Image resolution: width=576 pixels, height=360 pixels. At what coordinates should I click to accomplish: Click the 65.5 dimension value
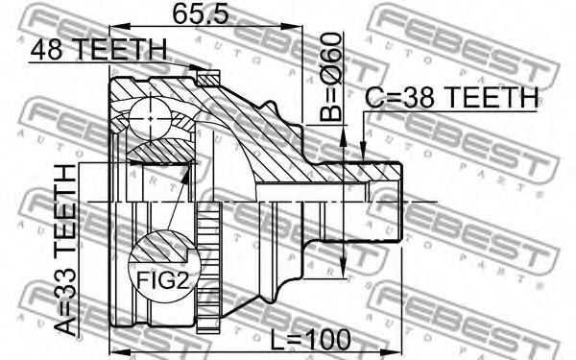(x=201, y=13)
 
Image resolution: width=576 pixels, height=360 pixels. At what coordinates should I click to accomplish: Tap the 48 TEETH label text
(x=99, y=50)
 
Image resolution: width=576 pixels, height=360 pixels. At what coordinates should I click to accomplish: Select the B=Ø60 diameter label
(x=330, y=77)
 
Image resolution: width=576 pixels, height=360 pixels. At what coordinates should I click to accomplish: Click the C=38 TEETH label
(x=451, y=97)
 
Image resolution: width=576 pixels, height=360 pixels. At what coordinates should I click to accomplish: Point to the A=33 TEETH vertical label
(x=65, y=250)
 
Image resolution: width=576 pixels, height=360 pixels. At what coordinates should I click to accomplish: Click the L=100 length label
(x=310, y=340)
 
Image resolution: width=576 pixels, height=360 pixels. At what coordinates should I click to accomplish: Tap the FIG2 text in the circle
(x=163, y=281)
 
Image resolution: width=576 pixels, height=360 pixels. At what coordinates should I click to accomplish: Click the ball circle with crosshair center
(x=151, y=118)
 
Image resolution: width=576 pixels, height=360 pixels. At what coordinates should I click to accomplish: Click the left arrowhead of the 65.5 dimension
(x=120, y=27)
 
